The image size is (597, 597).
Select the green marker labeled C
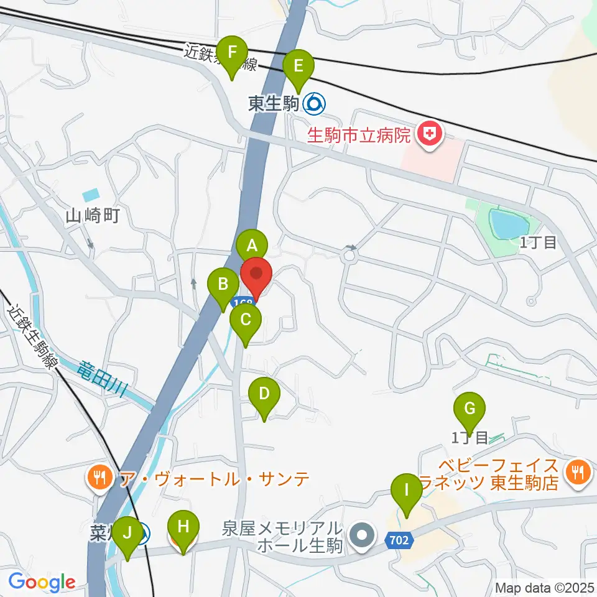point(245,320)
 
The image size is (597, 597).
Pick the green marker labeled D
point(264,394)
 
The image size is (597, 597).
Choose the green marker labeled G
point(470,409)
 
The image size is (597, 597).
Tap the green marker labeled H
point(183,527)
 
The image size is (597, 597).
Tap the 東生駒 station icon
point(313,103)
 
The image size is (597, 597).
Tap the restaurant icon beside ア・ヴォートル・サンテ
point(99,478)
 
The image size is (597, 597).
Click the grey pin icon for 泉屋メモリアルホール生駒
point(363,534)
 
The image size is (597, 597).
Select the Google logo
point(42,583)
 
